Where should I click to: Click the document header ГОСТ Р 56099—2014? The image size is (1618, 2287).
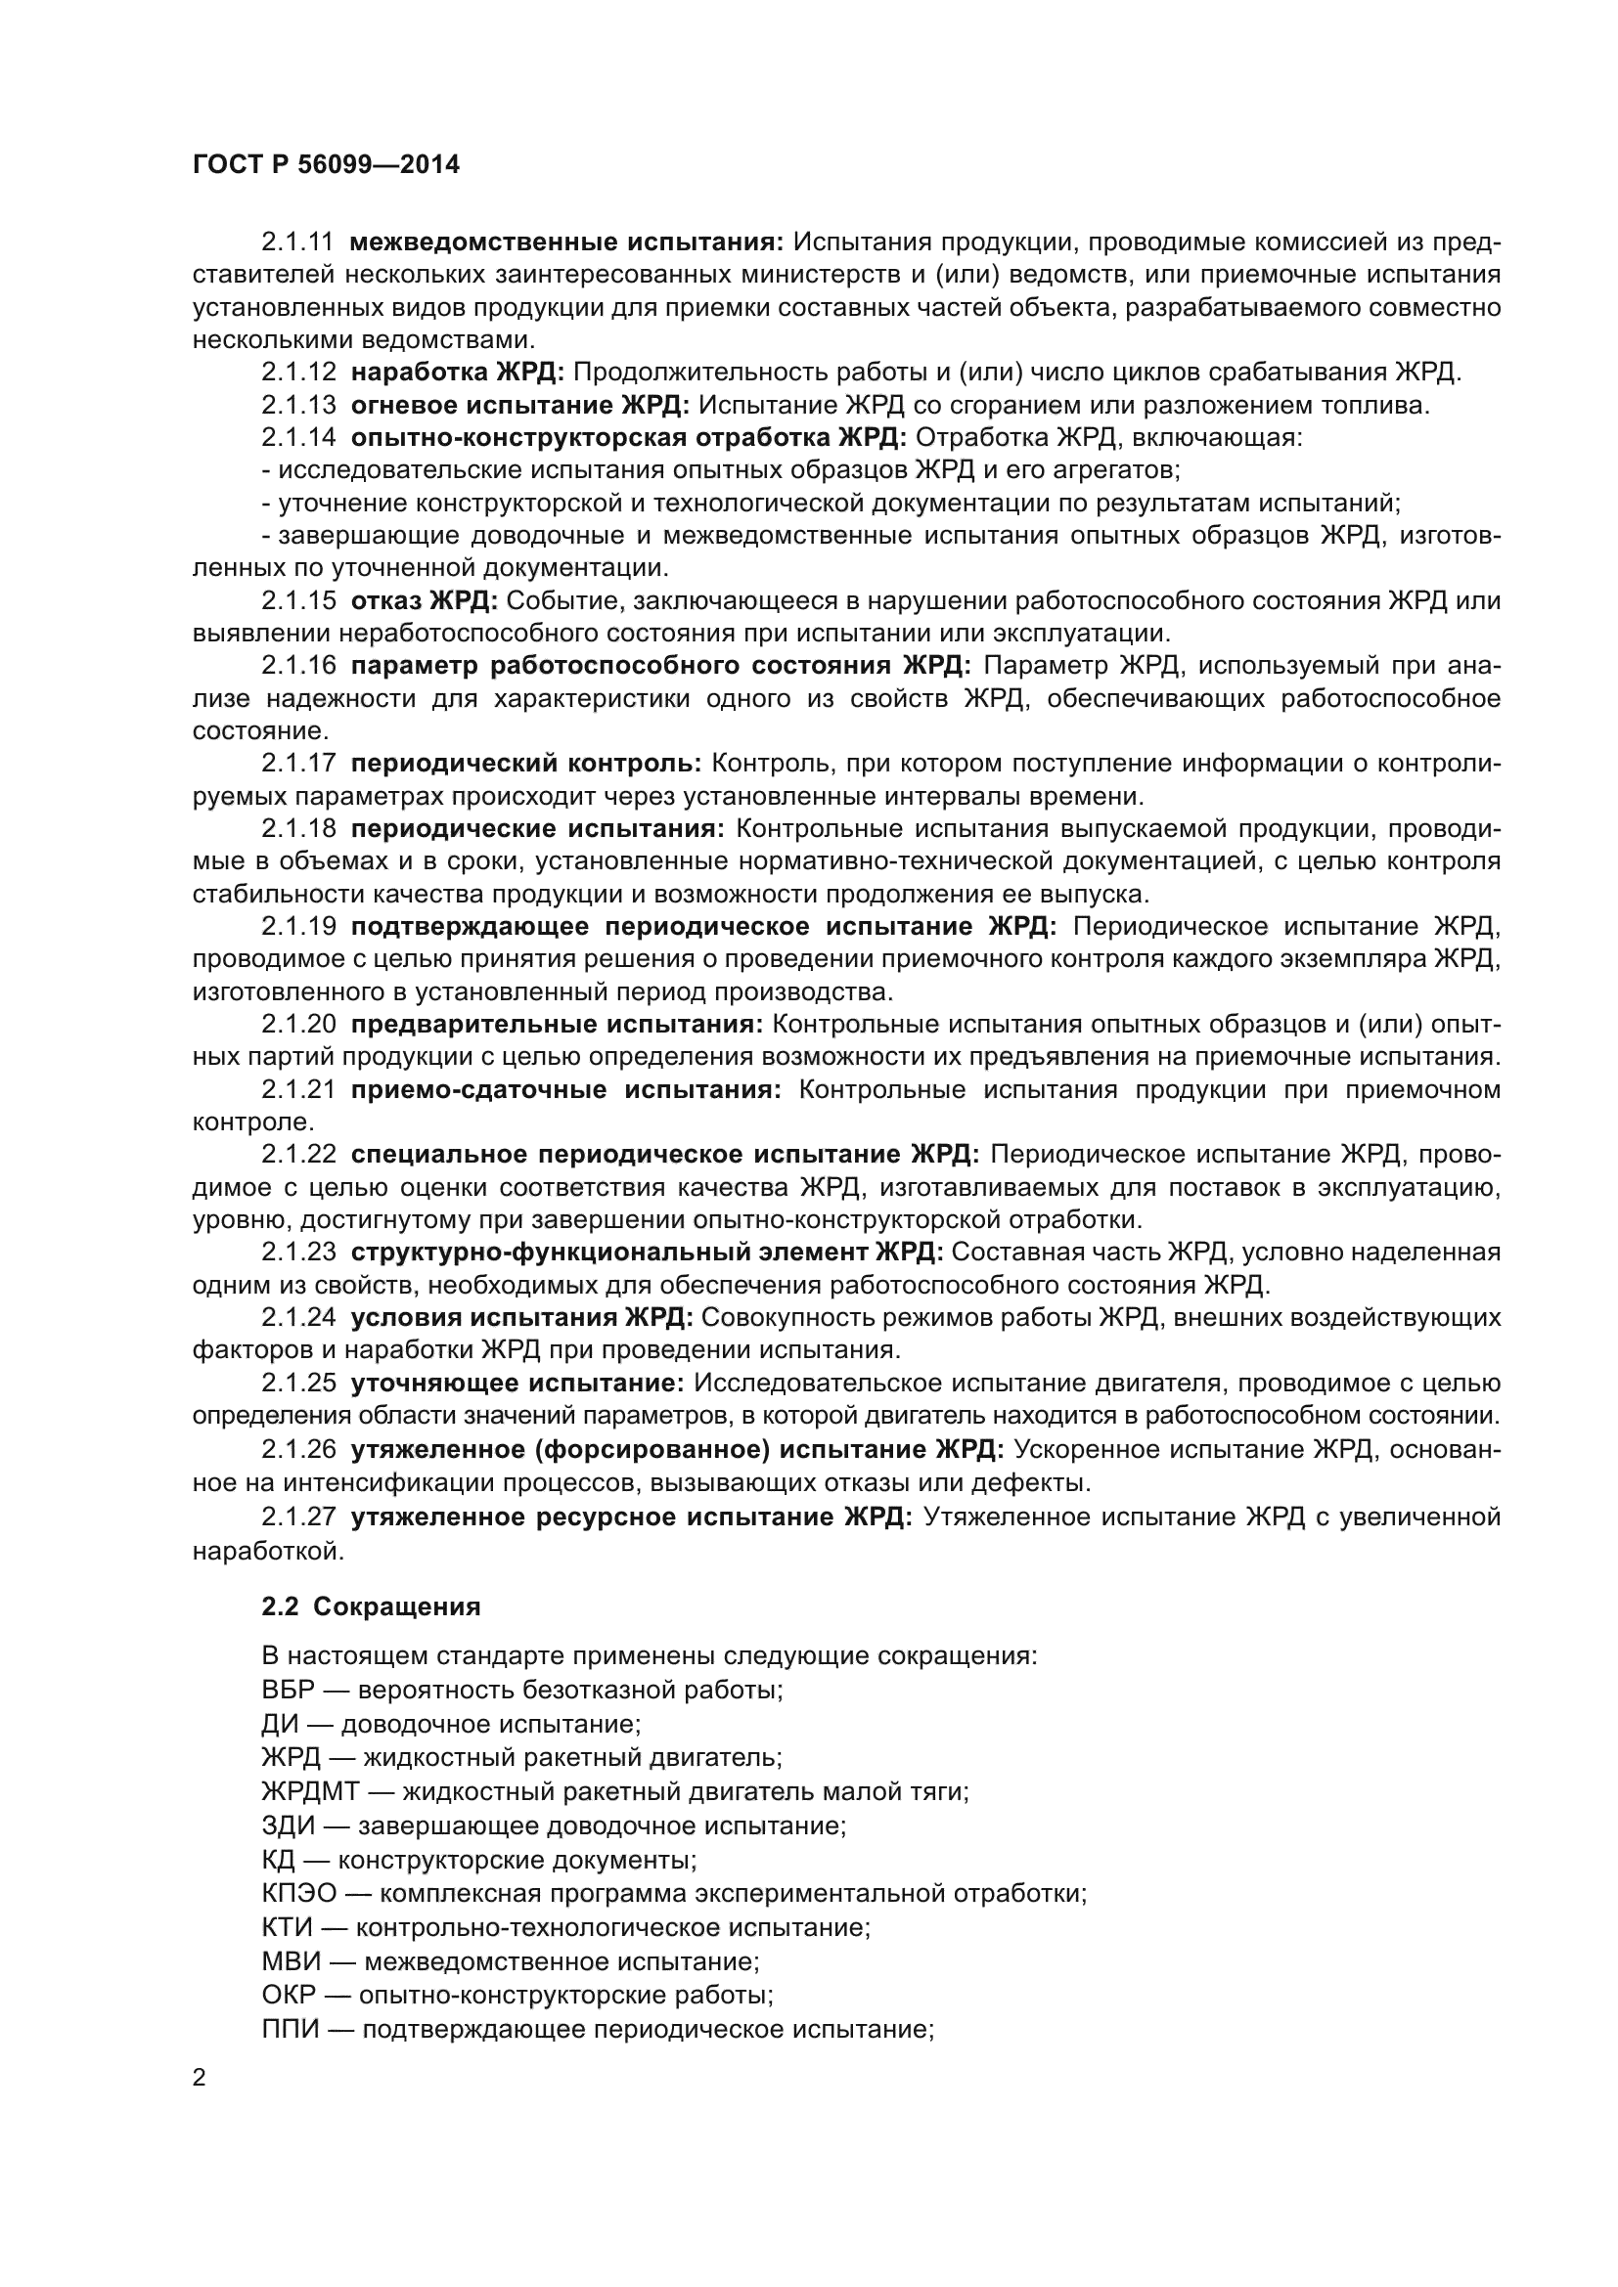pos(326,165)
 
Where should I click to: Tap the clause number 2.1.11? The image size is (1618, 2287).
pos(298,242)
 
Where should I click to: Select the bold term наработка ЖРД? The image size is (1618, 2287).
pos(457,373)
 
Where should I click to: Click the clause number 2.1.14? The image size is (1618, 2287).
pos(298,437)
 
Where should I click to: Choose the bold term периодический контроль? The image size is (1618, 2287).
pos(526,763)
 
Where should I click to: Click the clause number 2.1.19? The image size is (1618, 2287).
pos(298,926)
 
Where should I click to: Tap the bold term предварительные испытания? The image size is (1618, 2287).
pos(557,1024)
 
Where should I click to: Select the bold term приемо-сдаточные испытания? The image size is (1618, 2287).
pos(565,1089)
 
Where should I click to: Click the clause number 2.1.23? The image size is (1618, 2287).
pos(298,1253)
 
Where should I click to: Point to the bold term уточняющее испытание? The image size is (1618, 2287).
pos(517,1384)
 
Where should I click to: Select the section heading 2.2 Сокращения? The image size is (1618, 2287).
pos(371,1606)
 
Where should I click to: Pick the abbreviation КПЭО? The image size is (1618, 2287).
pos(299,1894)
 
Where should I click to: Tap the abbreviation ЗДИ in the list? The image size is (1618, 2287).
pos(288,1825)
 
